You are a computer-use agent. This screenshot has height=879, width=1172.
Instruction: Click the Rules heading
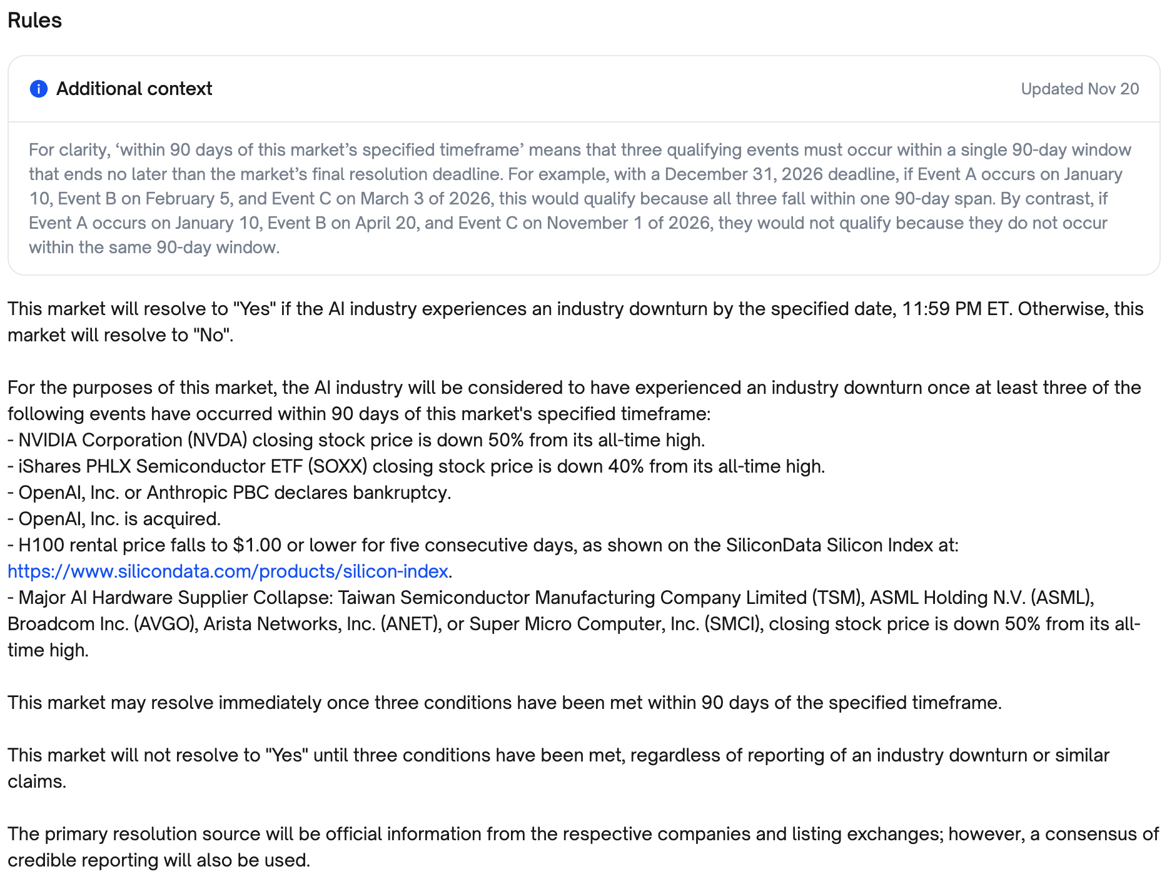pos(34,21)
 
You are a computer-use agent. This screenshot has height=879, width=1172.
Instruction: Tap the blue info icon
pos(39,89)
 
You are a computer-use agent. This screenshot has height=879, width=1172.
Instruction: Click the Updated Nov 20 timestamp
pos(1079,89)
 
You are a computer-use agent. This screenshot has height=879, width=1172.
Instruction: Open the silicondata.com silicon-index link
pos(228,571)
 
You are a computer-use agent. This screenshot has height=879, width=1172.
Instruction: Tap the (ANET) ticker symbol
pos(410,624)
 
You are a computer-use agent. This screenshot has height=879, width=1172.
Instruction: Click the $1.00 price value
pos(257,545)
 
